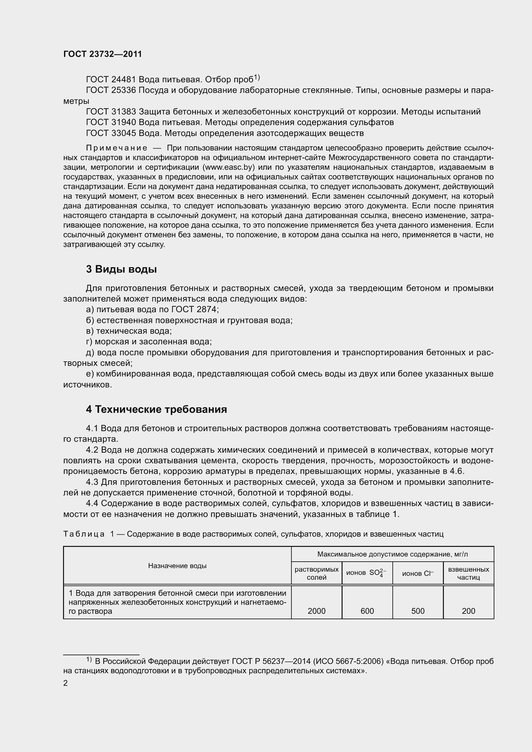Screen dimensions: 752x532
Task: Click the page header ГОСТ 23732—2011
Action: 103,54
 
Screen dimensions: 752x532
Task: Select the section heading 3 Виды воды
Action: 121,269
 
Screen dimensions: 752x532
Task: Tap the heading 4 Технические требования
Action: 156,409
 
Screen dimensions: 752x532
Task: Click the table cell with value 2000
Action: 316,611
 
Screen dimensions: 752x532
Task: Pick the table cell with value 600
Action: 367,611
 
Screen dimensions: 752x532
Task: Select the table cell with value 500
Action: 418,611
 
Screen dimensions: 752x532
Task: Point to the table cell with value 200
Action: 468,611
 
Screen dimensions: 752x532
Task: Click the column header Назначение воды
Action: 177,566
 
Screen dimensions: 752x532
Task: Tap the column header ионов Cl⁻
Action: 418,573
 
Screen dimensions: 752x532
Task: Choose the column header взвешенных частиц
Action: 468,573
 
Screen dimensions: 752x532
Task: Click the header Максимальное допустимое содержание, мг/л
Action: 392,554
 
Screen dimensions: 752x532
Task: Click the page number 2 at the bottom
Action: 66,683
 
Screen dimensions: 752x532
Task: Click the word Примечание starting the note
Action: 116,148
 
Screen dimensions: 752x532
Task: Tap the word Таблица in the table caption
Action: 84,534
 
